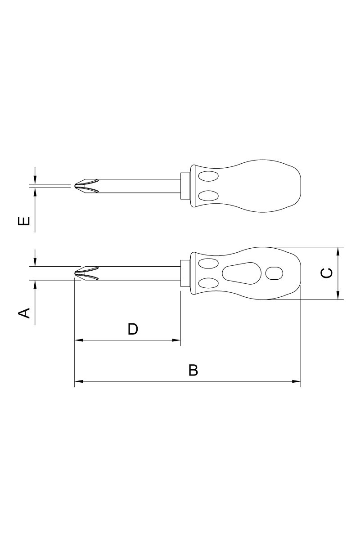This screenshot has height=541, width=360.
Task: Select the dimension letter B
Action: pyautogui.click(x=193, y=370)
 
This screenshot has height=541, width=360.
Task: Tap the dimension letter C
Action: pyautogui.click(x=326, y=273)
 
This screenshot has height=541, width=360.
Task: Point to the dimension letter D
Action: pyautogui.click(x=133, y=329)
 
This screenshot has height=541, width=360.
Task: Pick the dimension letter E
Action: pyautogui.click(x=24, y=221)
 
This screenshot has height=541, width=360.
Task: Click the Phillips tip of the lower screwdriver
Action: pyautogui.click(x=86, y=273)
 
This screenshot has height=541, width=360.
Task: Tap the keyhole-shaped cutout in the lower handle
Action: pyautogui.click(x=242, y=273)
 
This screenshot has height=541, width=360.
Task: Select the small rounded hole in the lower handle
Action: pyautogui.click(x=274, y=273)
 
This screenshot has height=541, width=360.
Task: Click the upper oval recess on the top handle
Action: pyautogui.click(x=208, y=176)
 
